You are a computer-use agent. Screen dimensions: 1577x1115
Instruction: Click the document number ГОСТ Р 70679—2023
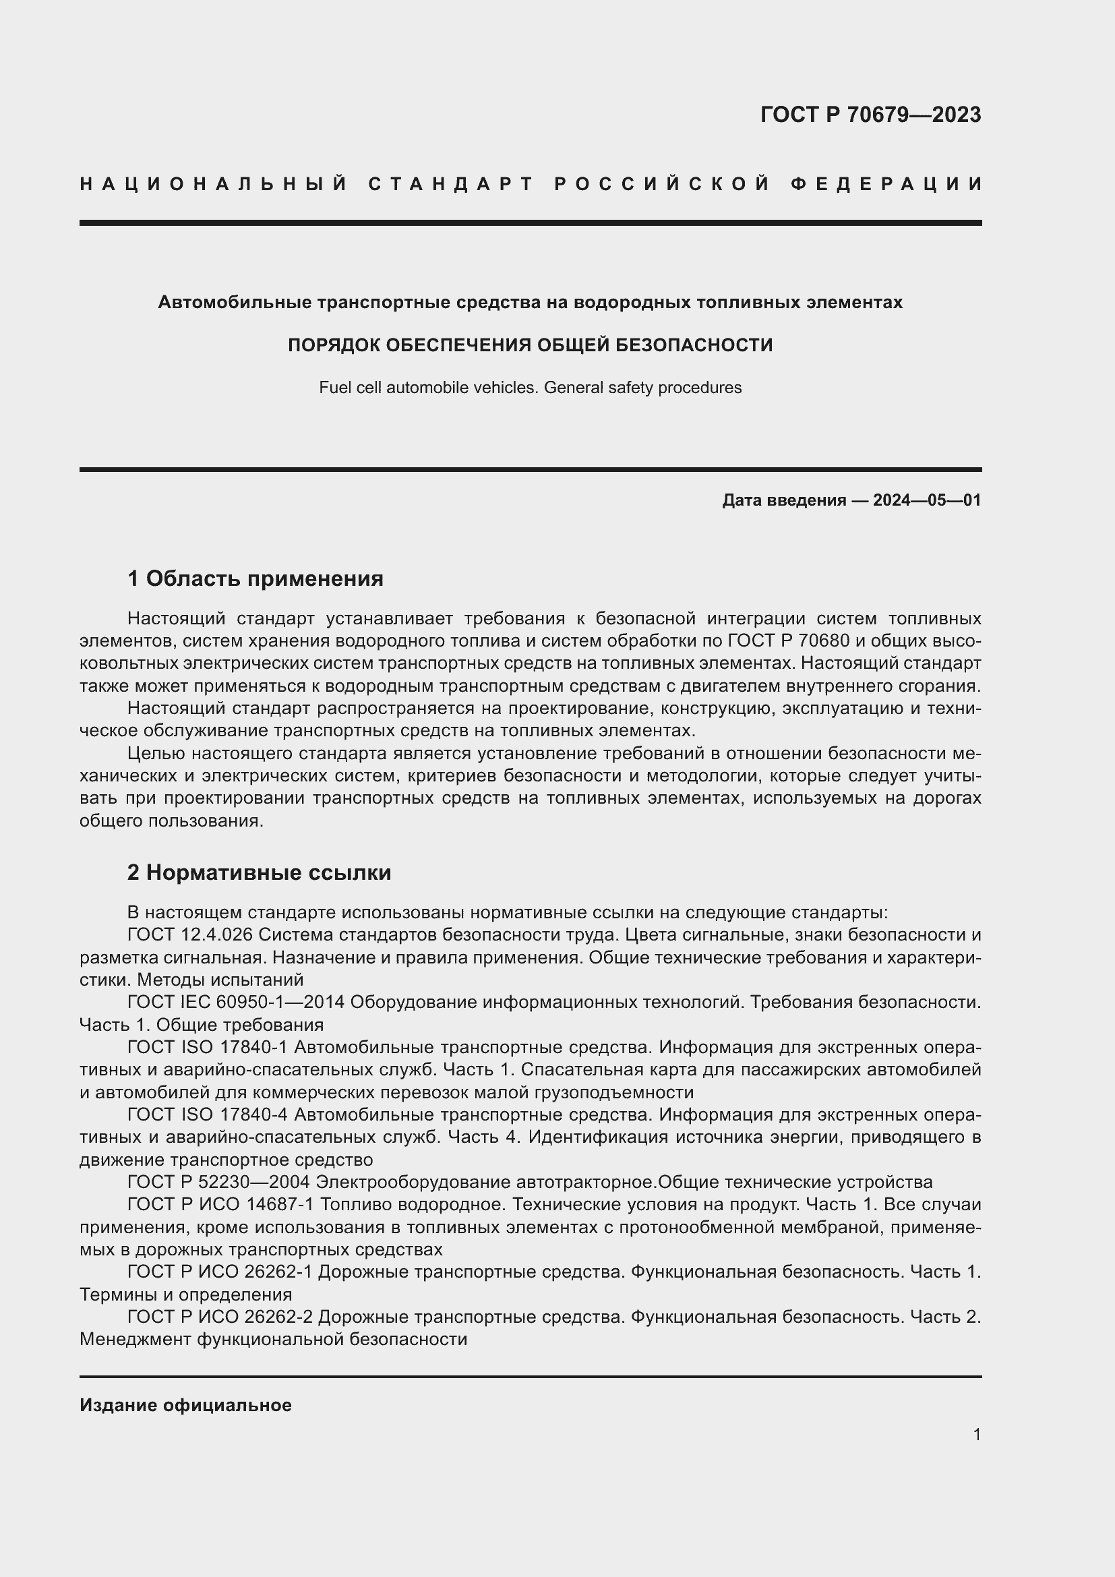pos(870,115)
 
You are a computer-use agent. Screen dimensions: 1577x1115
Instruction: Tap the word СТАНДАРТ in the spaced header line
pos(451,184)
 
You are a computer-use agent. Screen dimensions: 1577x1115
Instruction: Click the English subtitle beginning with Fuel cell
pos(530,388)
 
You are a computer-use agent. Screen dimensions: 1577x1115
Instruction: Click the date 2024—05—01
pos(927,500)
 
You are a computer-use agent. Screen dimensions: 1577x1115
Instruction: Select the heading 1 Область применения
pos(255,578)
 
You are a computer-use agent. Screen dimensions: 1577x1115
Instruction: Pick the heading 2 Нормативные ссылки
pos(259,872)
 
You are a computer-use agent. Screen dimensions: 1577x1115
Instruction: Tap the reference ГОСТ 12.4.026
pos(190,934)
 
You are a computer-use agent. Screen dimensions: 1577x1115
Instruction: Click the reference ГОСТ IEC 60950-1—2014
pos(235,1002)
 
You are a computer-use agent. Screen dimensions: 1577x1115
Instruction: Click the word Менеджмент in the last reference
pos(135,1340)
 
